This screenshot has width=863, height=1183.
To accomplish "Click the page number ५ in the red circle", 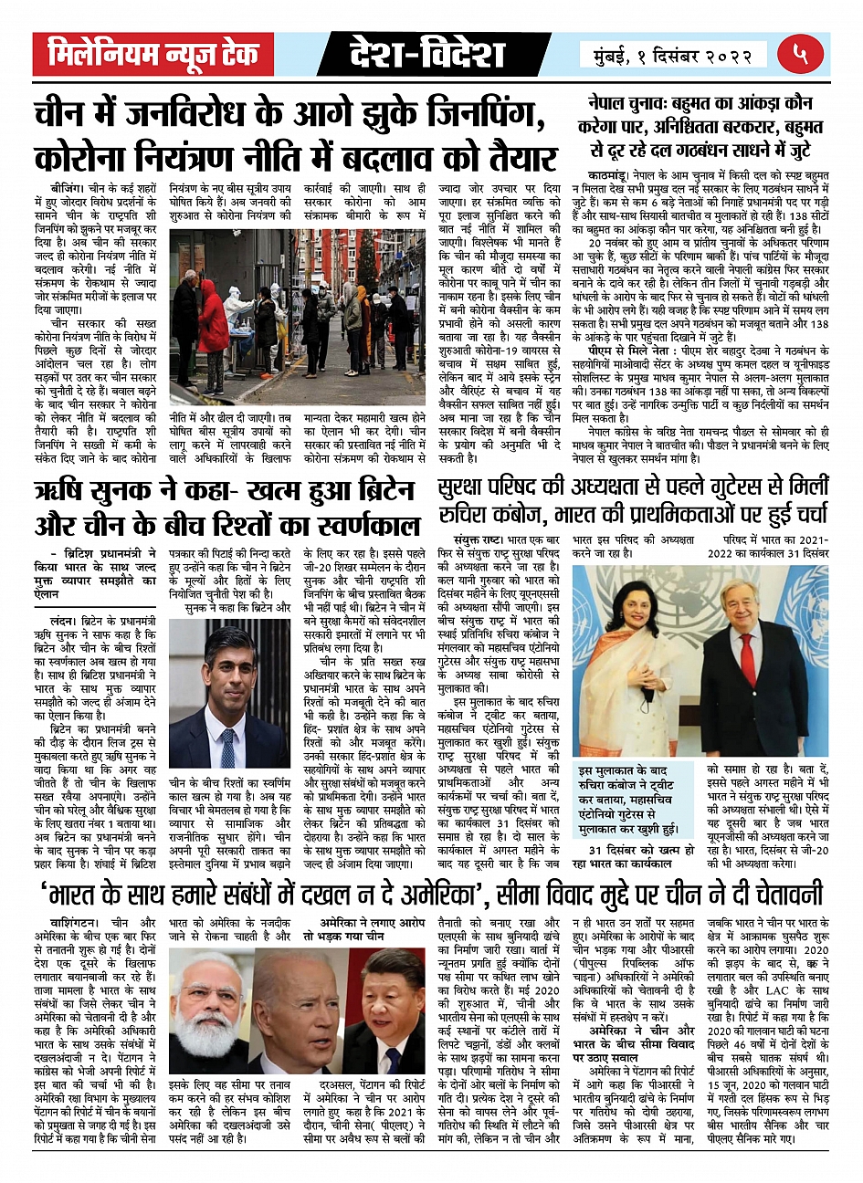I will click(x=801, y=53).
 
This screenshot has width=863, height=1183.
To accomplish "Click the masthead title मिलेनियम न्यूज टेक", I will click(x=153, y=55).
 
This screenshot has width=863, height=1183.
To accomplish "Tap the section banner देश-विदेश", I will click(x=426, y=55).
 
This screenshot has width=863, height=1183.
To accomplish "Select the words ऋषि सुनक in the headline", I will click(x=89, y=490).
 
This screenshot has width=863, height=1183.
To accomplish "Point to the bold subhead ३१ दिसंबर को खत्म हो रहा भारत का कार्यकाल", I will click(x=628, y=857).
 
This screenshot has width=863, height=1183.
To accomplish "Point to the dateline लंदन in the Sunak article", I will click(x=57, y=621).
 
